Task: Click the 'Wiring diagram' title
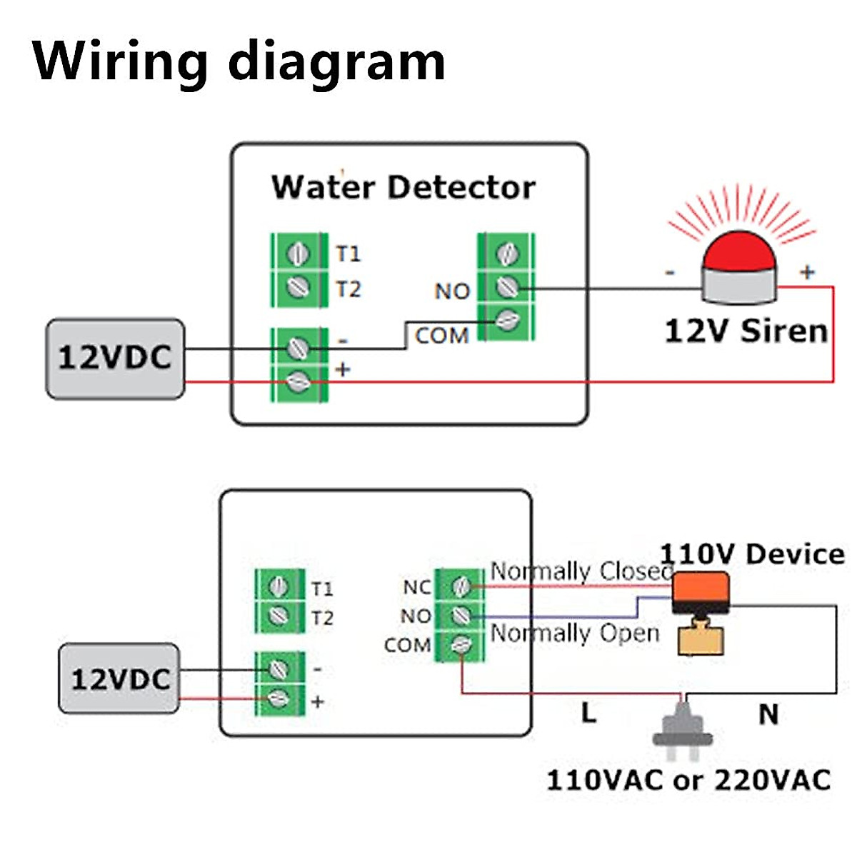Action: [239, 62]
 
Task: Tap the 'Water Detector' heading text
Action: [403, 187]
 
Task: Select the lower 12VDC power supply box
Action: [119, 678]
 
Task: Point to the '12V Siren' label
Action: [746, 331]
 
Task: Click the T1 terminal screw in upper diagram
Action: [298, 253]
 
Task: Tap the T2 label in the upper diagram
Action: [349, 289]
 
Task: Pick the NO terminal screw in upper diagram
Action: [506, 287]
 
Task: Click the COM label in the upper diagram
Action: [441, 336]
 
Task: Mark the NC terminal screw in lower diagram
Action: [461, 586]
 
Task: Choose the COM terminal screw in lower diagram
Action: [461, 645]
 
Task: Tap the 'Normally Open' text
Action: [575, 633]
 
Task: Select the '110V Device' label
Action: [752, 554]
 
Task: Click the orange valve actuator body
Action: [701, 591]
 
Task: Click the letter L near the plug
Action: [588, 712]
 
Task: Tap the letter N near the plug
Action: [768, 714]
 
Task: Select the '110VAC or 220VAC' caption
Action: [688, 780]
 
